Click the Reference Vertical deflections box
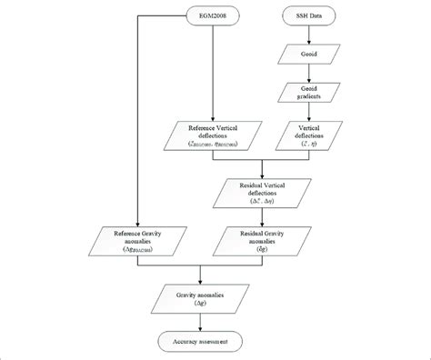(x=211, y=135)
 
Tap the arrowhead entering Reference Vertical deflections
(x=211, y=118)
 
